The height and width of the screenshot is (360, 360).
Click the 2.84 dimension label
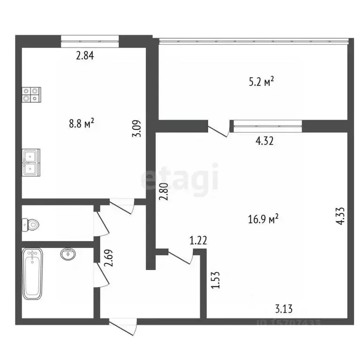point(85,56)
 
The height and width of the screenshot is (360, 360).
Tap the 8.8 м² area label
point(82,124)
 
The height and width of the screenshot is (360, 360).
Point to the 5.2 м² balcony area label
point(262,82)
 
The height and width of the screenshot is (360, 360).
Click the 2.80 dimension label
point(163,192)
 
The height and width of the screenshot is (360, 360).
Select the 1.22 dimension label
point(198,241)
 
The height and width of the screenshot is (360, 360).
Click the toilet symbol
point(30,225)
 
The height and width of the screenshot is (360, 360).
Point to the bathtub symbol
point(33,274)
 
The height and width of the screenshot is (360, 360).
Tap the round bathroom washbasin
point(67,254)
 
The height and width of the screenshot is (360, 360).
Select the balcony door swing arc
point(219,128)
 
